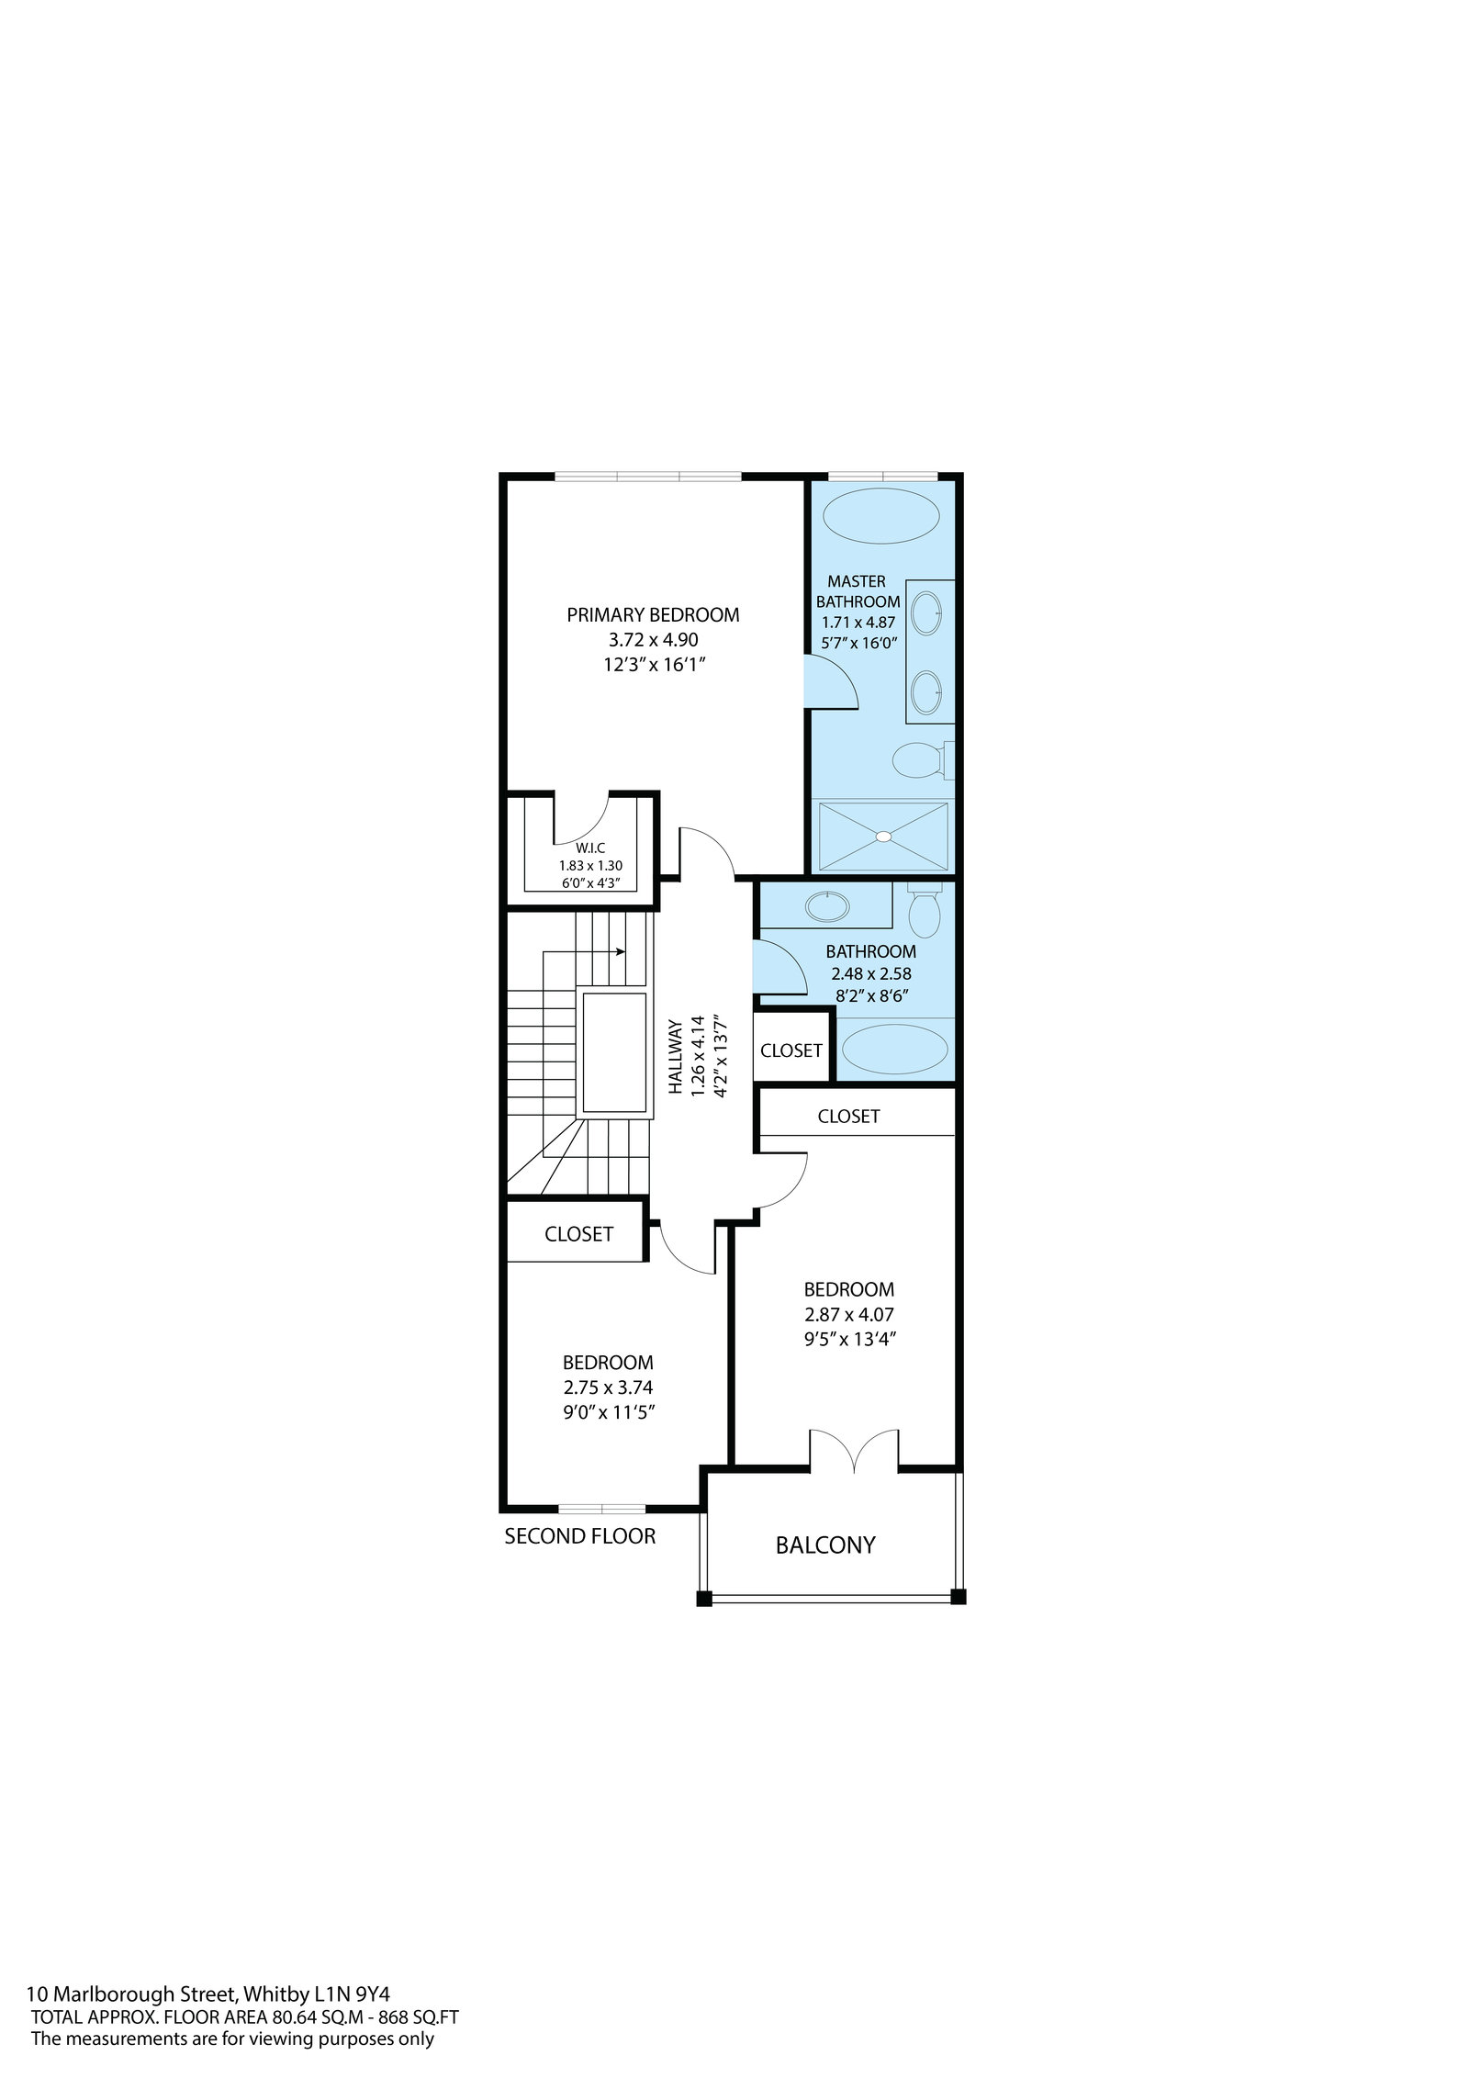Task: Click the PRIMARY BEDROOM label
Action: [653, 614]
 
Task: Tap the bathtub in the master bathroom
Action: [881, 517]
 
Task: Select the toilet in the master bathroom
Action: [924, 759]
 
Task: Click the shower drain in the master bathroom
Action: [883, 837]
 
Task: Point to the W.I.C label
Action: [590, 848]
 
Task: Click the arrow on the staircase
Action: [584, 951]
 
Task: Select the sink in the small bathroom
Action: [827, 906]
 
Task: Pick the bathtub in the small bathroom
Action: [895, 1050]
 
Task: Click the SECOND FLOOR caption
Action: [580, 1535]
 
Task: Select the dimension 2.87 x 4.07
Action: [849, 1314]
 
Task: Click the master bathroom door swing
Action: [830, 680]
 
